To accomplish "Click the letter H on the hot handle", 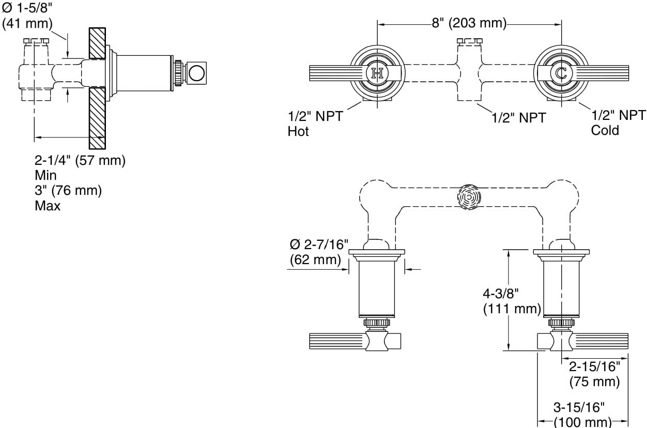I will coord(377,73).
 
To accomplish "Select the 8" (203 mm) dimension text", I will coord(469,23).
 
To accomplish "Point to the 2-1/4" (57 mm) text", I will coord(80,160).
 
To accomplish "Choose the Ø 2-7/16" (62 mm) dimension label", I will coord(319,252).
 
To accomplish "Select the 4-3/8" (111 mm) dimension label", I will coord(512,301).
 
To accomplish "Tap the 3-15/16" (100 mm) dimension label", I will coord(582,414).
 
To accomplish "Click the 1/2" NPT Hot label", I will coord(315,124).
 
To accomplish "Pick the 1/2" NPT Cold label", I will coord(618,123).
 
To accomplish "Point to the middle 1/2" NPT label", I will coord(518,118).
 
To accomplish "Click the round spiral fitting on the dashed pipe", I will coord(469,197).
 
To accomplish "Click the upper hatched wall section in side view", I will coord(97,42).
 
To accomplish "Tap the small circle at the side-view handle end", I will coord(196,72).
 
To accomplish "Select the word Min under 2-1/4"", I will coord(45,175).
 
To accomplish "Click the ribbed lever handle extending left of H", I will coord(336,73).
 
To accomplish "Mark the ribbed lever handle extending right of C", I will coord(605,73).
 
